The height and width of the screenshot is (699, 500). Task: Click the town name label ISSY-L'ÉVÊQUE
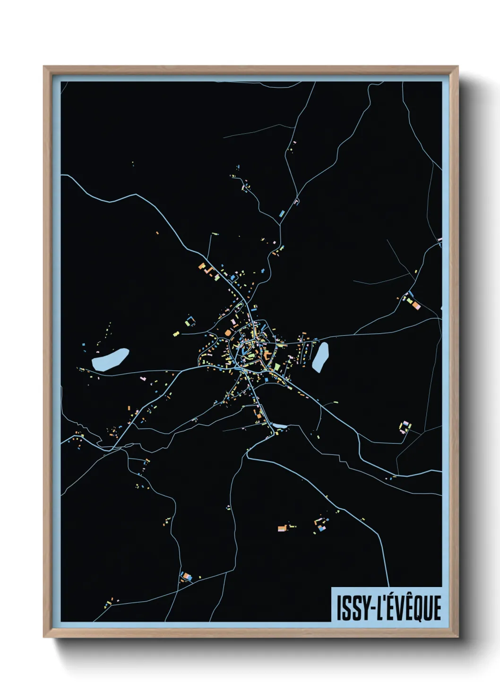point(388,607)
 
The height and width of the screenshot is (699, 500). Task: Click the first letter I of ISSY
point(338,608)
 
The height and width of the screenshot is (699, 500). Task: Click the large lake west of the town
point(111,360)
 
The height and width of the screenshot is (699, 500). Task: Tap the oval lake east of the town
point(320,357)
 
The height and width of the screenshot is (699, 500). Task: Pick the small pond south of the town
point(279,426)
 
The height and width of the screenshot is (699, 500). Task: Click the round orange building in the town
point(228,333)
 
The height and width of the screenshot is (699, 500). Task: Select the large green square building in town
point(277,366)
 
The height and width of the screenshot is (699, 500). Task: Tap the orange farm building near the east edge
point(416,305)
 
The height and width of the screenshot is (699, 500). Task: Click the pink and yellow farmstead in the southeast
point(405,427)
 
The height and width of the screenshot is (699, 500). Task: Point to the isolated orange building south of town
point(282,528)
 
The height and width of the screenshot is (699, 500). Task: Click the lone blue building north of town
point(282,213)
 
